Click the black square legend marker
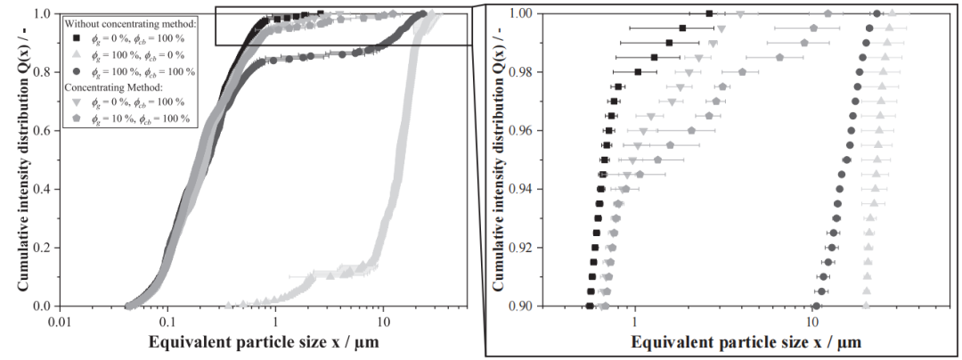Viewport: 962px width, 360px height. tap(77, 37)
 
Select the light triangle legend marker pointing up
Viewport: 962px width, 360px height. tap(77, 54)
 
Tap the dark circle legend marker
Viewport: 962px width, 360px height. tap(77, 70)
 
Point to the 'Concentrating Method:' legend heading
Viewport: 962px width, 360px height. tap(113, 87)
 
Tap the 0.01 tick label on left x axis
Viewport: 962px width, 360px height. tap(59, 320)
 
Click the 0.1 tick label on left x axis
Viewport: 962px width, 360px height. tap(167, 320)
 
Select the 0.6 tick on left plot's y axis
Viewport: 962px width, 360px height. tap(41, 131)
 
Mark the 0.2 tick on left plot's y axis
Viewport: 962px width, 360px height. tap(41, 248)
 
